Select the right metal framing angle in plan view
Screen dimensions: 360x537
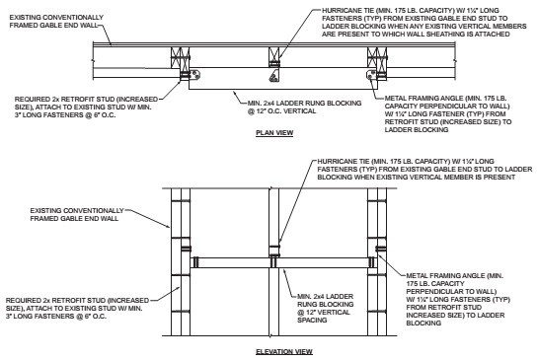pyautogui.click(x=371, y=74)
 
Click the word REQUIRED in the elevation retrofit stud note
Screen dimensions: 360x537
pyautogui.click(x=21, y=295)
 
